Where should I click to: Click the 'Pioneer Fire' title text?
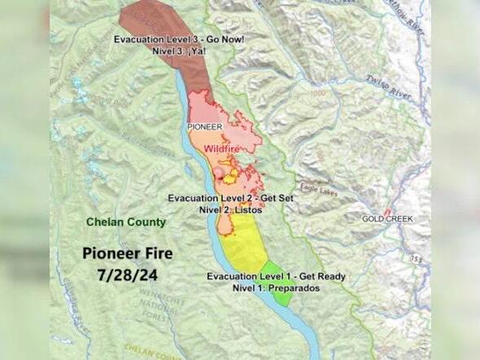point(126,253)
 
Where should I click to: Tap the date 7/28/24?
point(126,274)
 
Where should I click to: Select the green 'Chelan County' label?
point(126,222)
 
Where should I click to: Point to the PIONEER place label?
point(205,127)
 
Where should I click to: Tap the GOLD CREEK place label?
point(387,219)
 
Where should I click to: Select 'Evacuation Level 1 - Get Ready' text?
point(275,276)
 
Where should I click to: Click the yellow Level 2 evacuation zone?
point(244,244)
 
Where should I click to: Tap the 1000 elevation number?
point(317,93)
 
